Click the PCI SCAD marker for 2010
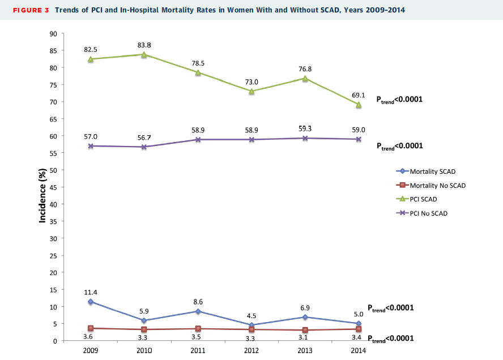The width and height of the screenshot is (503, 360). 144,54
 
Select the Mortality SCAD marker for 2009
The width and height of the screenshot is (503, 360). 91,302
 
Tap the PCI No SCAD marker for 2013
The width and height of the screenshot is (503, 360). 305,138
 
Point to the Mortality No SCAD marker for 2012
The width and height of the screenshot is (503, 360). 252,329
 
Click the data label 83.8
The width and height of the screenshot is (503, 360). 144,45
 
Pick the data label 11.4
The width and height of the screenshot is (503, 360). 91,292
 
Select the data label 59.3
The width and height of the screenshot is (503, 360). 305,129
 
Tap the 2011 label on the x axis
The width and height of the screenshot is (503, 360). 198,351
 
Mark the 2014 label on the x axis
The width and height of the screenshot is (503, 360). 359,351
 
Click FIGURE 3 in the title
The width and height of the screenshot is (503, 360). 27,10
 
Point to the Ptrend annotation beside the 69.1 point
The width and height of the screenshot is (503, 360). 400,99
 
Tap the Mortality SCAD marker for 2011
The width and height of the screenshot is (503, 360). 198,311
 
